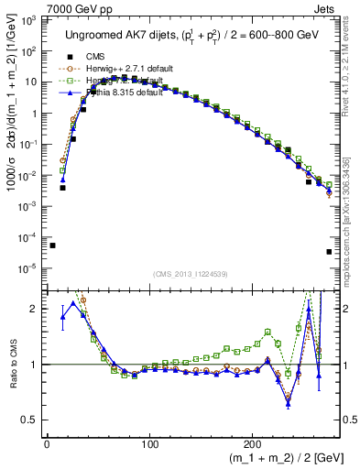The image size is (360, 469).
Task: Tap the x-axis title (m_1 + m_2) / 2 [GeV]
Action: click(275, 458)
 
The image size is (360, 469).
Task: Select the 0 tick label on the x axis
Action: click(47, 443)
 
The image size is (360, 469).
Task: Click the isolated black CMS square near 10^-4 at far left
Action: click(52, 245)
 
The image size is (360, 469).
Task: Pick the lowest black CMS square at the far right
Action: click(329, 252)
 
